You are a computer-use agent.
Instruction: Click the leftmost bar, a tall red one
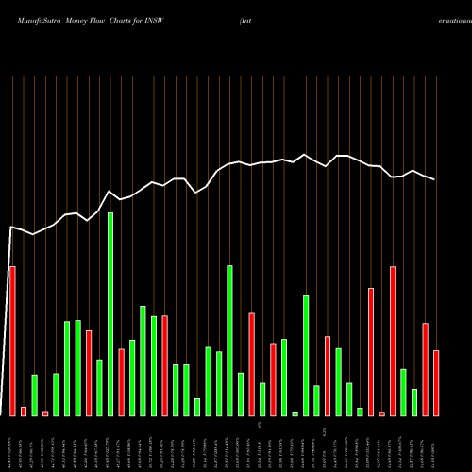pos(12,341)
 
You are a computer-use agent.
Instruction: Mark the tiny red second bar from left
pos(24,411)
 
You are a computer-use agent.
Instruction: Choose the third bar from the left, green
pos(34,395)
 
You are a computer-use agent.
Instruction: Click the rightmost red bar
pos(436,382)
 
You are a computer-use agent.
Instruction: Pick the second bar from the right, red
pos(425,369)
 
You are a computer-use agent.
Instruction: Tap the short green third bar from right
pos(414,402)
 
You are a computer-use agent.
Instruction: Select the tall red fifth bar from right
pos(393,341)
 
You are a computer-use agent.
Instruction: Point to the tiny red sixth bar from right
pos(381,413)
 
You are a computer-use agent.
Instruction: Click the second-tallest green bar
pos(229,340)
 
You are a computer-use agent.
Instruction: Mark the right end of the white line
pos(435,179)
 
